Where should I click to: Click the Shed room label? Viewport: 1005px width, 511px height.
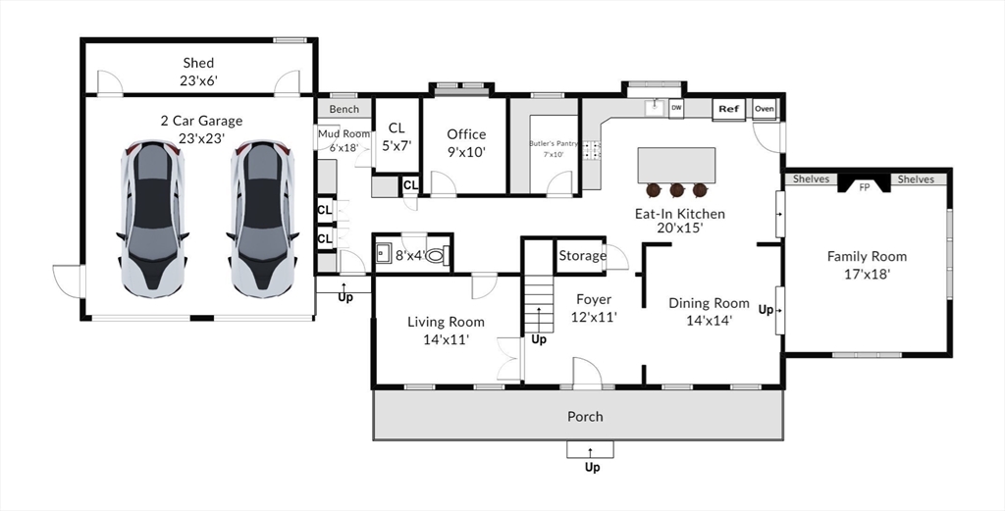click(198, 63)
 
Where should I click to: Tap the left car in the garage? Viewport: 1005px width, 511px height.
click(152, 219)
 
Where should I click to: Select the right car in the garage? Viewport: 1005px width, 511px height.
click(263, 219)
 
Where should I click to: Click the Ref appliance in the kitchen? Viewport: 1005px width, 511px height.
click(729, 110)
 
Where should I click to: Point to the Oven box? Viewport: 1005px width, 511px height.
click(764, 109)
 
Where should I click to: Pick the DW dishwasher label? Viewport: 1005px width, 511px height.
click(676, 108)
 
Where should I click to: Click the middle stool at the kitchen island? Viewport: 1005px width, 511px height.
click(677, 190)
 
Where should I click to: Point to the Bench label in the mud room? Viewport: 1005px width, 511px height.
click(344, 110)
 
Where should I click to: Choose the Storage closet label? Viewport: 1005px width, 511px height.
click(583, 256)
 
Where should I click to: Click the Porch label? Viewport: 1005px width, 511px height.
click(585, 417)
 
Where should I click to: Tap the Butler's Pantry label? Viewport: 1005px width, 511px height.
click(554, 144)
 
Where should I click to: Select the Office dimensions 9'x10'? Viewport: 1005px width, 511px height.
click(466, 152)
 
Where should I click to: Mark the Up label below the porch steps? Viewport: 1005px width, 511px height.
click(592, 468)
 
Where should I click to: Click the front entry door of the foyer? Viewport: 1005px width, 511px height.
click(587, 374)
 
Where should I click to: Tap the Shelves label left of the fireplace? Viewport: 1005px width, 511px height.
click(812, 179)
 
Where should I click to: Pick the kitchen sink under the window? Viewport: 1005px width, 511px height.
click(655, 108)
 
